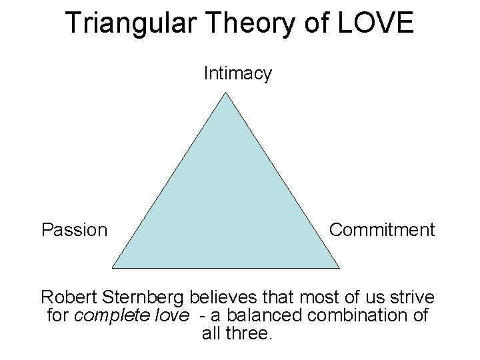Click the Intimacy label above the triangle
(237, 73)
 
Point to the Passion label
(74, 230)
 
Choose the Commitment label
(382, 230)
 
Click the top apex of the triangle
(227, 93)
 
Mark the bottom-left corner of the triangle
(113, 267)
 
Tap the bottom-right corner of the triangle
(340, 267)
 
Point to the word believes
(226, 297)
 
